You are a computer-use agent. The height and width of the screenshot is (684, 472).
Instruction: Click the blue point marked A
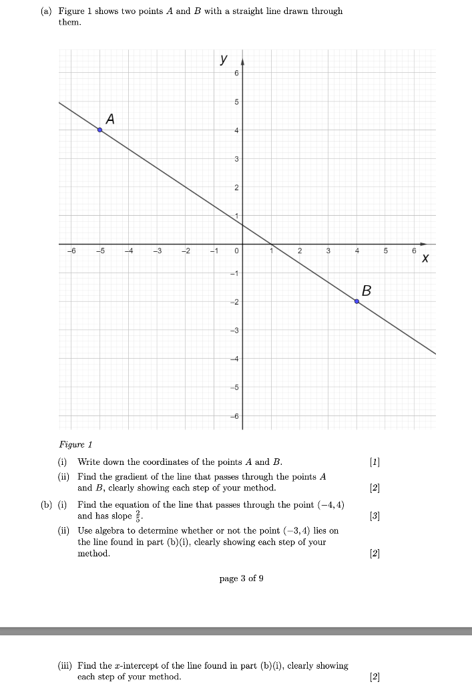coord(99,130)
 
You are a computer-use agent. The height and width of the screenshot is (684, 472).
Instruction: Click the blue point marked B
coord(357,302)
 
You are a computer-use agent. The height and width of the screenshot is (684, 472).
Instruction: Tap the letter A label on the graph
coord(110,119)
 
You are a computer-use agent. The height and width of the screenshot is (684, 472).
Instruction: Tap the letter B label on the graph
coord(366,291)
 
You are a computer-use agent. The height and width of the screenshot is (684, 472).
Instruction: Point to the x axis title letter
coord(425,257)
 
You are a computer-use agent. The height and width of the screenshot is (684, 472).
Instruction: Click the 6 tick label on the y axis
coord(236,73)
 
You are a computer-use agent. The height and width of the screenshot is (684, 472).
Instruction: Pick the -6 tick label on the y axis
coord(234,416)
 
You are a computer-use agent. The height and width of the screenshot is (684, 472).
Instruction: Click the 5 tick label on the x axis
coord(385,251)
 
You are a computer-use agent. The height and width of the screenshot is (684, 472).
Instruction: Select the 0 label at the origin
coord(236,251)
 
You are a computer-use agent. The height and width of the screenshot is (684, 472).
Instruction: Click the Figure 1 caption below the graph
coord(75,444)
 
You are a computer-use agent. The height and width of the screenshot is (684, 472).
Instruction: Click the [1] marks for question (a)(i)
coord(375,462)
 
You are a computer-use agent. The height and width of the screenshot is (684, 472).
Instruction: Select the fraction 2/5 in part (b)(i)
coord(138,516)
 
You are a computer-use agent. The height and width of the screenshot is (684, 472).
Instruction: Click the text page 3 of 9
coord(241,578)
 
